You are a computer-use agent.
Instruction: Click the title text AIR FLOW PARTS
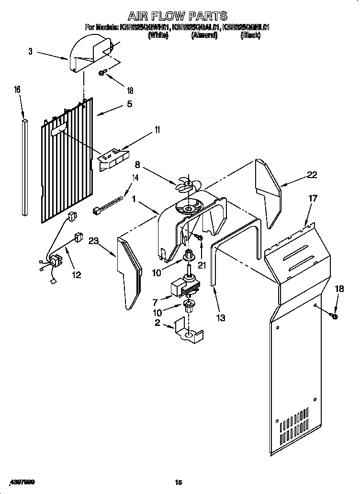178,16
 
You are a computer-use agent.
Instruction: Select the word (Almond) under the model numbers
204,35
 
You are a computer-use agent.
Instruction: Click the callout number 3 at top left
30,51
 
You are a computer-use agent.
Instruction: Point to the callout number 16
17,90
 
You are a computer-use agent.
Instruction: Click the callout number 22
312,175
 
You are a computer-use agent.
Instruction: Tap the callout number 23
94,242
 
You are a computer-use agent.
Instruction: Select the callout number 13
221,317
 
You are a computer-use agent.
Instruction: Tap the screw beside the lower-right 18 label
334,315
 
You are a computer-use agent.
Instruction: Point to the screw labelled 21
199,237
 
